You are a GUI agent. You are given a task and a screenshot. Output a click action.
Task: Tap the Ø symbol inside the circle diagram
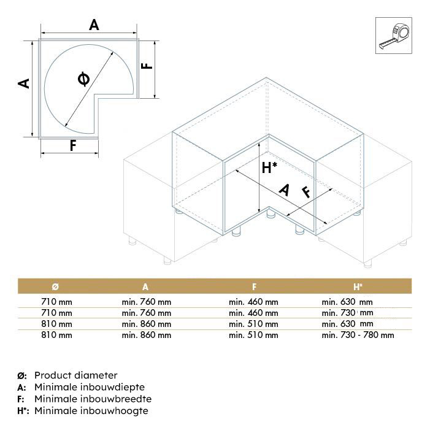point(84,79)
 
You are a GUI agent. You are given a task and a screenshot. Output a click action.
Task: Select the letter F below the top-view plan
point(72,146)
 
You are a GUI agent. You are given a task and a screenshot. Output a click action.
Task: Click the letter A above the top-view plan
point(93,25)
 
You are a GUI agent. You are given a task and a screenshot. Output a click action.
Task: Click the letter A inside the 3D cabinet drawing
point(283,191)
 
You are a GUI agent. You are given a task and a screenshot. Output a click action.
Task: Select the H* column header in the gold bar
point(358,286)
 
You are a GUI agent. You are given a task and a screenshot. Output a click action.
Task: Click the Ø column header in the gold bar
point(55,286)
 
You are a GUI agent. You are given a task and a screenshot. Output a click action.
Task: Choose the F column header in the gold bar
point(253,286)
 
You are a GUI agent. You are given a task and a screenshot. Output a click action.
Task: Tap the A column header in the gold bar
point(145,286)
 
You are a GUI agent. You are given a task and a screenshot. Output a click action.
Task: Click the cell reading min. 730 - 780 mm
point(358,335)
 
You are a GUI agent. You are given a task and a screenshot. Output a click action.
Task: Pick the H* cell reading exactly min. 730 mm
point(347,313)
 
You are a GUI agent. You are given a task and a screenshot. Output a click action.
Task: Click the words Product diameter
point(75,375)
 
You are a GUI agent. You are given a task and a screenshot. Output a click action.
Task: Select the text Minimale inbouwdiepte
point(90,386)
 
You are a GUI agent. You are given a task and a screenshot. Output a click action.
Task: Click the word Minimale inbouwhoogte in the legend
point(91,410)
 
